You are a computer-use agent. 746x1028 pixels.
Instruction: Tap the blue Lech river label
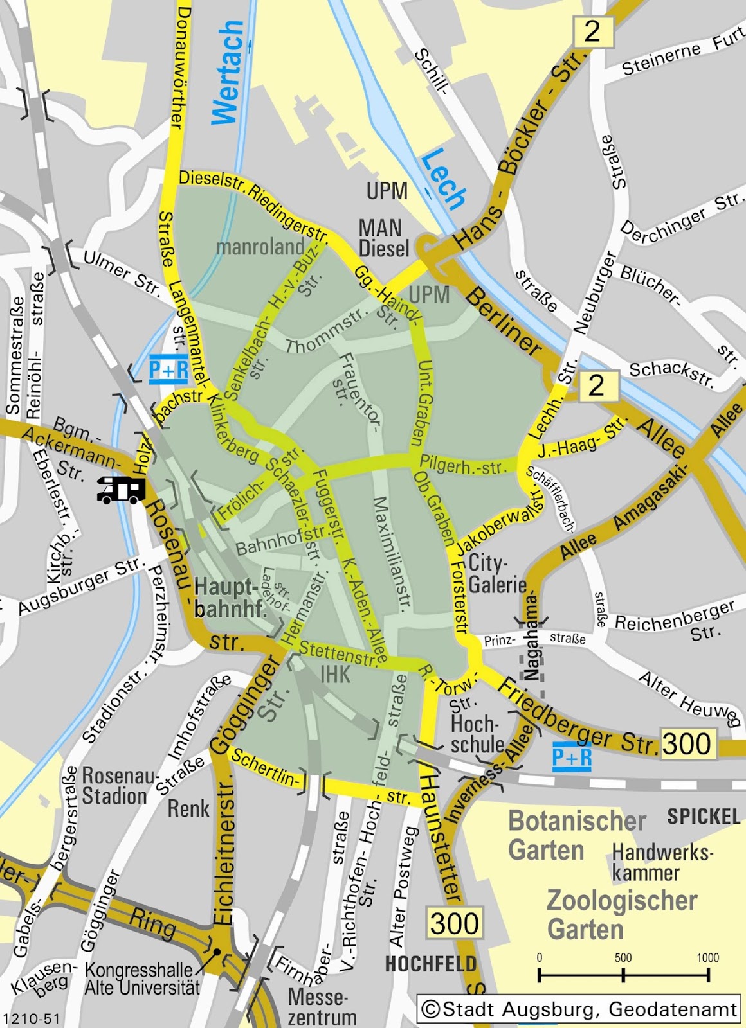[444, 179]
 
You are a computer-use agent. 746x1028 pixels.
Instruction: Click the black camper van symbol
[120, 489]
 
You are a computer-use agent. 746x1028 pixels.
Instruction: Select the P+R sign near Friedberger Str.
[572, 757]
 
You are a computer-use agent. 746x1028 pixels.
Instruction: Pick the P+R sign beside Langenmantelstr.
[168, 369]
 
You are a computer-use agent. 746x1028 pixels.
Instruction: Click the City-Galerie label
[497, 574]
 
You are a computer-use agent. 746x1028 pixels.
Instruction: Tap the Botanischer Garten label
[577, 835]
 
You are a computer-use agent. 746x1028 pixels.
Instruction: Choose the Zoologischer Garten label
[621, 914]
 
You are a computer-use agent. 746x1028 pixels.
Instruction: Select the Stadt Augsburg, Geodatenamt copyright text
[579, 1009]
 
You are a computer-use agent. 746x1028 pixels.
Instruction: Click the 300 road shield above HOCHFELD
[454, 923]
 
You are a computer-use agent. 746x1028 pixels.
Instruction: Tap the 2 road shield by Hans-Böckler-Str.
[592, 31]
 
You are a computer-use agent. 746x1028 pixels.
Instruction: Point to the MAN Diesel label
[383, 238]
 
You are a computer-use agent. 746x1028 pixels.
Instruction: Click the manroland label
[260, 246]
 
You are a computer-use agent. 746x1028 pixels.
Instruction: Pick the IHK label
[335, 673]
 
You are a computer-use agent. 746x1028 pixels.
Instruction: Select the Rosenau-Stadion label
[114, 786]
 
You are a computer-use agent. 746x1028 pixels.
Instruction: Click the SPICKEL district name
[704, 817]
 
